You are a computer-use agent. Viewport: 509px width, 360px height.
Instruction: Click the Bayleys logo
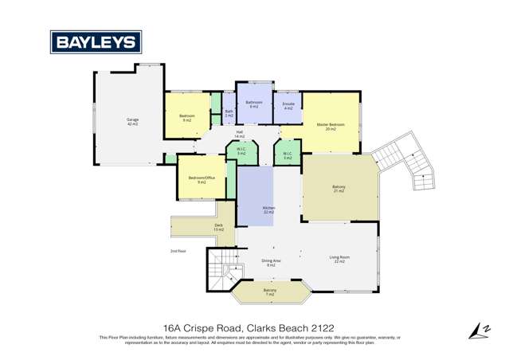click(x=96, y=41)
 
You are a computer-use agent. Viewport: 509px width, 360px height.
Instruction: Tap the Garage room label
click(x=132, y=122)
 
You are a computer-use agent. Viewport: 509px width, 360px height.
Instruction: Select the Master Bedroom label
click(x=331, y=126)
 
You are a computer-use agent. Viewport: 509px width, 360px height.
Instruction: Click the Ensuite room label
click(x=288, y=105)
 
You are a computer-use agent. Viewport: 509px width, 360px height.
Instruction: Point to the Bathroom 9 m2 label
click(x=254, y=104)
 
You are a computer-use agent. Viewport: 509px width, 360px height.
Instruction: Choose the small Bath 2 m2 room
click(x=229, y=114)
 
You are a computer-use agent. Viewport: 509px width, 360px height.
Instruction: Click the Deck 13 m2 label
click(x=218, y=227)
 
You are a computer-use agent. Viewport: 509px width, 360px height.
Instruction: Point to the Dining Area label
click(x=272, y=262)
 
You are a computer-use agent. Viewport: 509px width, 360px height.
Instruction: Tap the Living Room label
click(x=340, y=259)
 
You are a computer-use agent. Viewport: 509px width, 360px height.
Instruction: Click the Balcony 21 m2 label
click(x=339, y=189)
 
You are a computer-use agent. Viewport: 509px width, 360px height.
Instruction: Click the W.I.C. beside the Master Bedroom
click(x=288, y=156)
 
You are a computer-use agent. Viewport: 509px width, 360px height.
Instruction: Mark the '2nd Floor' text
click(x=178, y=251)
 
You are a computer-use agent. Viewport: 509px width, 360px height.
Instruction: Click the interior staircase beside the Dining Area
click(x=219, y=269)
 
